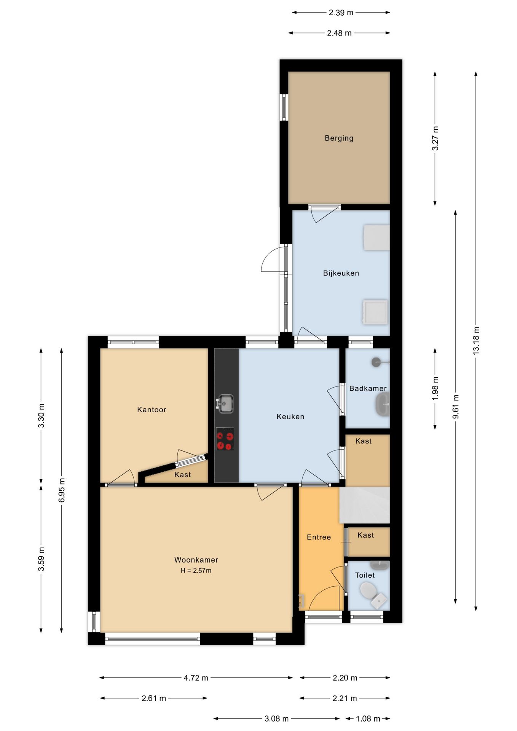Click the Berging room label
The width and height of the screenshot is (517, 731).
(x=339, y=138)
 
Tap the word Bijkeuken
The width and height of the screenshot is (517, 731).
(x=341, y=273)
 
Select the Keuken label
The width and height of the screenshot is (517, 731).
(x=290, y=417)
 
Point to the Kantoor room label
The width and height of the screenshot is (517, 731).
(x=152, y=410)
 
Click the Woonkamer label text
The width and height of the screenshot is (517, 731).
(x=196, y=560)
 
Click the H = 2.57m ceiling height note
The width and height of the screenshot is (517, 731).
(x=196, y=570)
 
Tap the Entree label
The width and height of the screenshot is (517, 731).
(x=319, y=537)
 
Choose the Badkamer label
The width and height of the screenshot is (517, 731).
(x=368, y=388)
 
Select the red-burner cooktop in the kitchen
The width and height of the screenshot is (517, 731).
(x=225, y=439)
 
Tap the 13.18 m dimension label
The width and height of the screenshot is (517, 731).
(x=476, y=341)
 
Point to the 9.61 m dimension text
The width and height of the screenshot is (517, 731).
(x=455, y=407)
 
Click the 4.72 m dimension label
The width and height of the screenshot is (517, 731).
(x=196, y=678)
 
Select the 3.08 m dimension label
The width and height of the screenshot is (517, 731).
(x=276, y=718)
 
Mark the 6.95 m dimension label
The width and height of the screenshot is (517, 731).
(x=62, y=490)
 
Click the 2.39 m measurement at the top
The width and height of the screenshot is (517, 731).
(x=341, y=13)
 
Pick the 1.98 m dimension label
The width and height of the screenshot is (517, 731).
(x=435, y=388)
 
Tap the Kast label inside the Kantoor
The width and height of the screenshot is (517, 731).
(x=182, y=474)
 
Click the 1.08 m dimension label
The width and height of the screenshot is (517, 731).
(x=368, y=718)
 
